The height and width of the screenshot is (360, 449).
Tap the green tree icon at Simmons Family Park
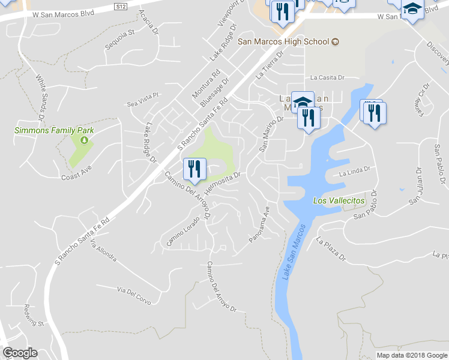(84, 140)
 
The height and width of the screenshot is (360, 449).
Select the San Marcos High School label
(284, 42)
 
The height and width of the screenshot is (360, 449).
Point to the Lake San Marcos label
(292, 251)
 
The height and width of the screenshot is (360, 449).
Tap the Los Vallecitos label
(339, 200)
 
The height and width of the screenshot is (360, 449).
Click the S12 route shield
(122, 7)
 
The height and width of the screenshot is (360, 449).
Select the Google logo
(20, 353)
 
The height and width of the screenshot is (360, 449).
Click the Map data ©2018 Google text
(411, 355)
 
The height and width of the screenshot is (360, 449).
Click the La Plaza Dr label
(331, 250)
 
